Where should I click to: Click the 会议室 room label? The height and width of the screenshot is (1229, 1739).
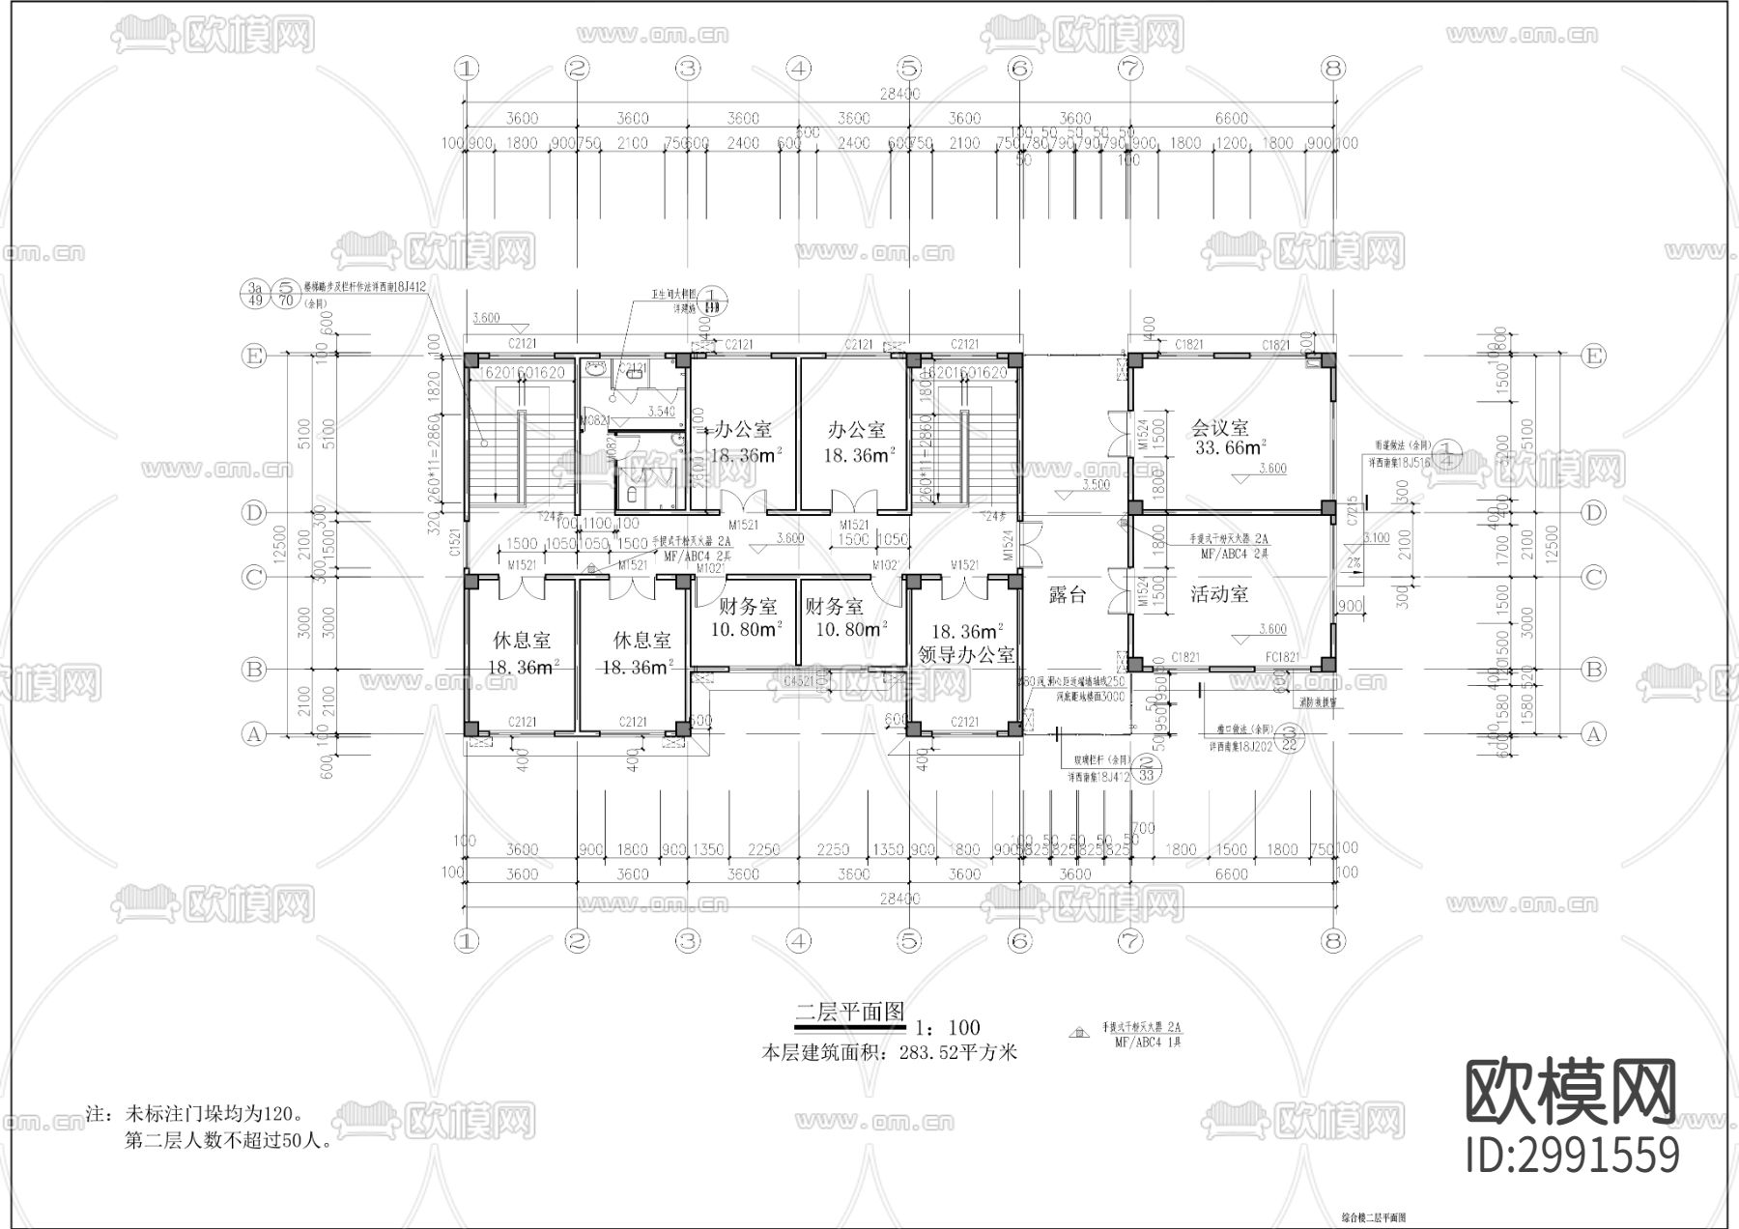pos(1219,427)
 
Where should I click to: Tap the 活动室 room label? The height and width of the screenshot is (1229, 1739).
pos(1219,593)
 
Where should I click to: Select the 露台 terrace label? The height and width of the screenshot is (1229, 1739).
pos(1068,594)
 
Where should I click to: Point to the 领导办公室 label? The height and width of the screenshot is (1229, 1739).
pos(966,654)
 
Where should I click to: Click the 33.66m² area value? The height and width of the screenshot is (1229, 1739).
pos(1230,448)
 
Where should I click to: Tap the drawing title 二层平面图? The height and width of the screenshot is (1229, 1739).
pos(849,1012)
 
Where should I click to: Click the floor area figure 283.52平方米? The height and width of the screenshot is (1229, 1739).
pos(957,1053)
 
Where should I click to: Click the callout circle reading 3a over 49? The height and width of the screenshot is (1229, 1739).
pos(256,294)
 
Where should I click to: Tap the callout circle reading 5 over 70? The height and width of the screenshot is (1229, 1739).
pos(286,294)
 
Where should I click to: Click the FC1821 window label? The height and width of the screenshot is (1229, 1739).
pos(1282,658)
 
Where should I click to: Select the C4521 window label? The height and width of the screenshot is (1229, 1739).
pos(798,682)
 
